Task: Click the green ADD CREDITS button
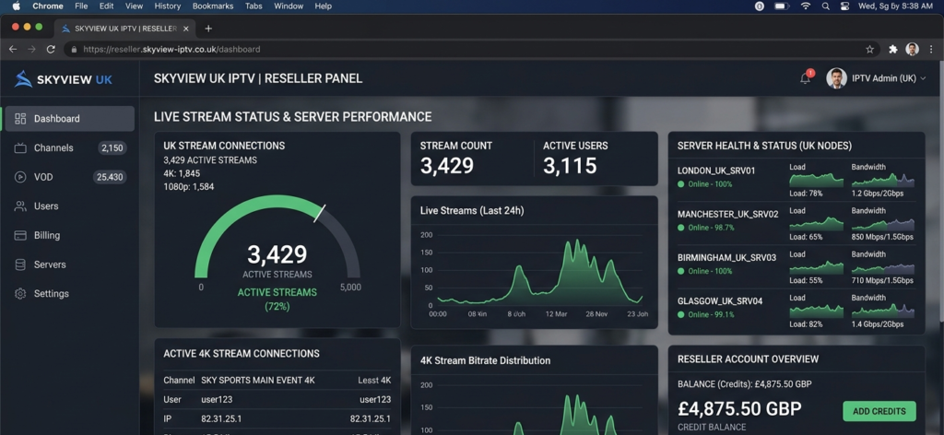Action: click(879, 411)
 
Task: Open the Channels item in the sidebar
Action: click(53, 147)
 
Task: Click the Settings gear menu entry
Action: click(51, 294)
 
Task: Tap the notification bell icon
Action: click(805, 79)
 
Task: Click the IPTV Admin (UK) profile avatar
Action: click(836, 78)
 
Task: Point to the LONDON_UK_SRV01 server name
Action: click(716, 170)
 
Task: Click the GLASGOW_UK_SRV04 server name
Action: click(719, 301)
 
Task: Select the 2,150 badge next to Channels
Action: click(112, 147)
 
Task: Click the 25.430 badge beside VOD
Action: click(110, 177)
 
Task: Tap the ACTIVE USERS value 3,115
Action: click(569, 166)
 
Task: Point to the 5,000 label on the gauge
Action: click(350, 288)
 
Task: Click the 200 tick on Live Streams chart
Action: click(426, 235)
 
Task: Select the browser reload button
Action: click(51, 49)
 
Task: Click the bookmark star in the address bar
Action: click(869, 49)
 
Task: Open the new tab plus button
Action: click(208, 28)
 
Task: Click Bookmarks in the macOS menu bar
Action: click(213, 6)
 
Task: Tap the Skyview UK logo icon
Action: click(23, 79)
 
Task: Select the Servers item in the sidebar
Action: click(50, 265)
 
